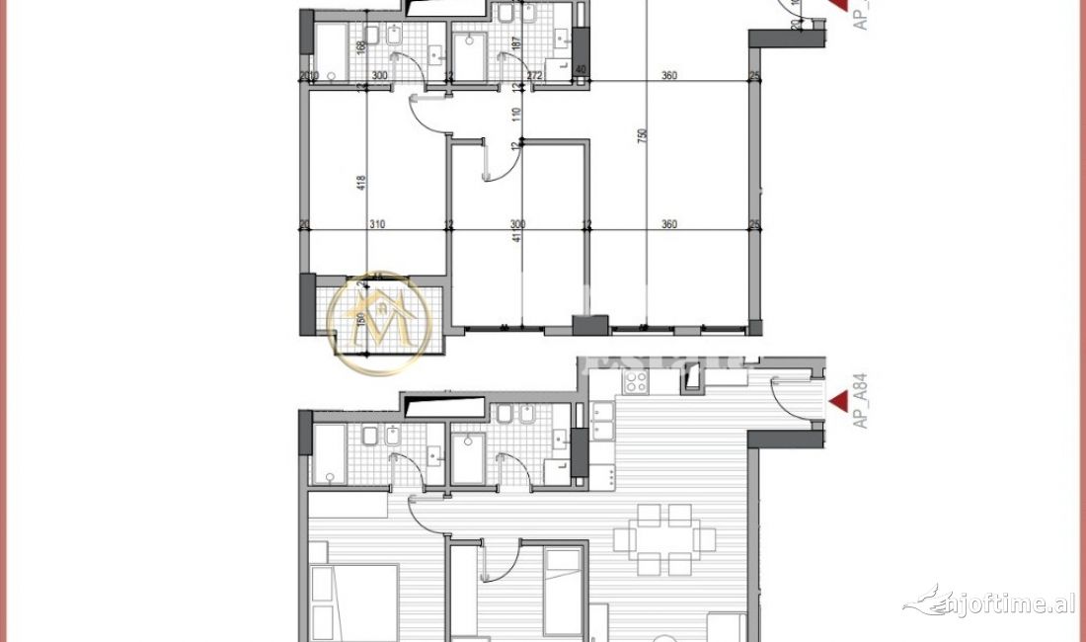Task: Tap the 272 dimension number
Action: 534,76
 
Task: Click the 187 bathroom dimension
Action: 515,44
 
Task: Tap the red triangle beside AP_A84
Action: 838,401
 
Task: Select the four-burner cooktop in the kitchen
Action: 636,381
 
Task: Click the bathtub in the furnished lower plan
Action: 329,454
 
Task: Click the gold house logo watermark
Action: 379,323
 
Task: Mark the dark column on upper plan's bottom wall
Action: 591,325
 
